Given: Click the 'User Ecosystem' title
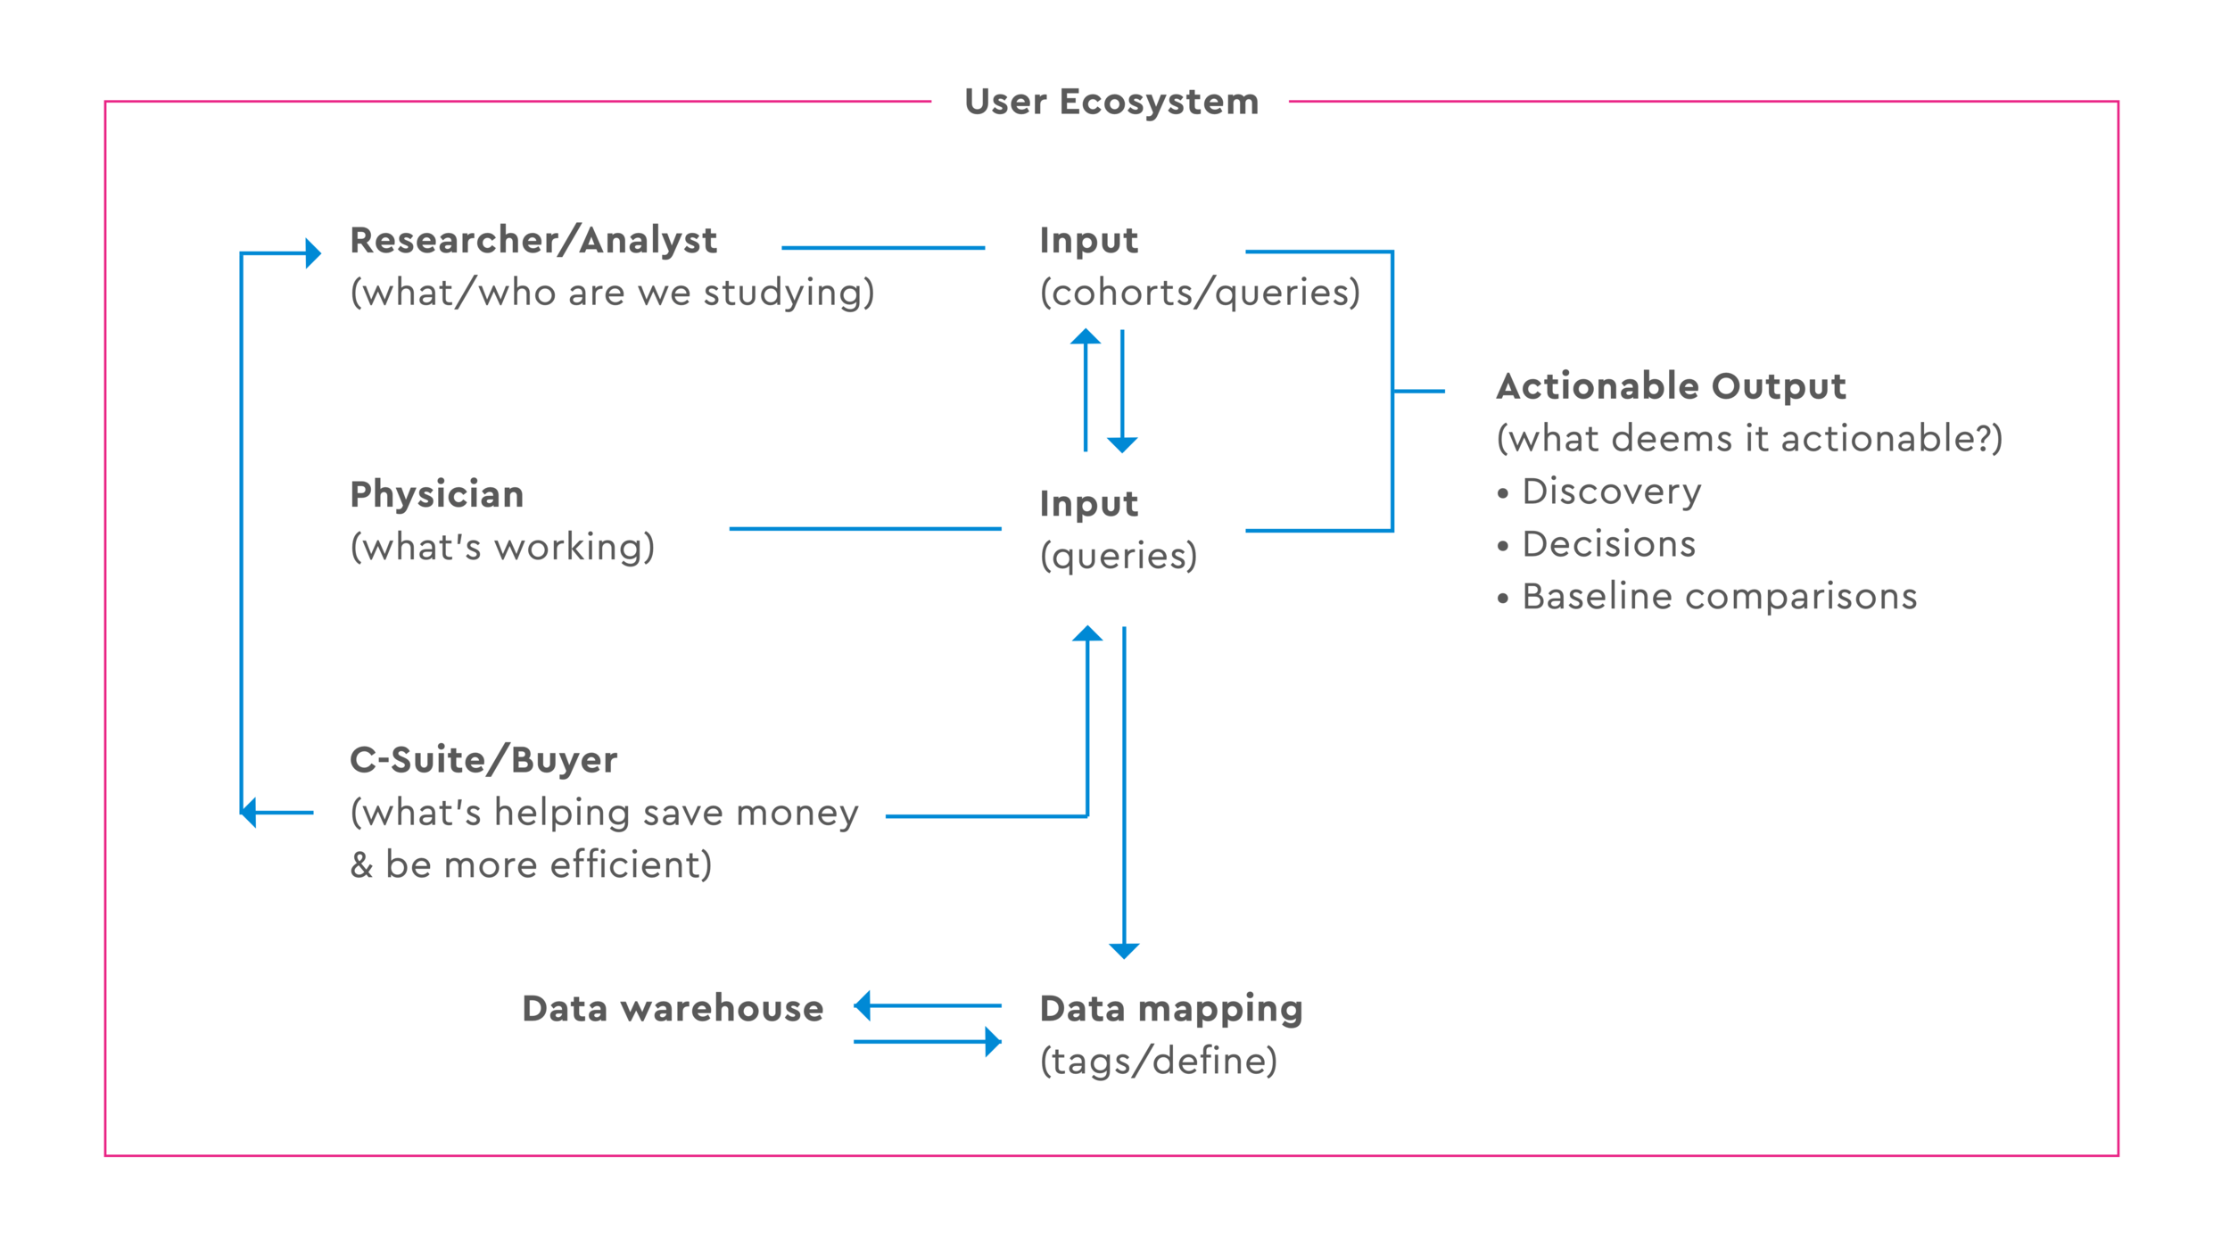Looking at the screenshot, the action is [1111, 102].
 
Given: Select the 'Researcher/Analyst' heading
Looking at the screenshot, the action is [533, 241].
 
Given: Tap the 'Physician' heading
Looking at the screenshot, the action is [436, 494].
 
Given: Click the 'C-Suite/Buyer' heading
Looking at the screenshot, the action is [483, 760].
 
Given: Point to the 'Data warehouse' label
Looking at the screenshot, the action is [673, 1008].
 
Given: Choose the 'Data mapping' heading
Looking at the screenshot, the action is [1171, 1009].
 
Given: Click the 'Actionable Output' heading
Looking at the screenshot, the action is [1671, 386].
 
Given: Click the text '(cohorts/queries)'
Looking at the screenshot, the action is [1200, 293].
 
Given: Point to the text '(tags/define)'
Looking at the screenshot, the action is [1159, 1062].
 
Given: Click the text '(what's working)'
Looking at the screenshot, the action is [502, 547].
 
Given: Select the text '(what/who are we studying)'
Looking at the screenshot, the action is [612, 293].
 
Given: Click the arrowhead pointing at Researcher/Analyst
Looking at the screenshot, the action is [313, 253].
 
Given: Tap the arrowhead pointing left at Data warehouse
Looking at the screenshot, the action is [862, 1005].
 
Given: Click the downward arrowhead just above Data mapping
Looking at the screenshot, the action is [1124, 951].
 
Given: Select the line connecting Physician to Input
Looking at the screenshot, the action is [865, 529].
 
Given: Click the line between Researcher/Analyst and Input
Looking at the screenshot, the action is [883, 248].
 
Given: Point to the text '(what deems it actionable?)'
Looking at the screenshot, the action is [1750, 439].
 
